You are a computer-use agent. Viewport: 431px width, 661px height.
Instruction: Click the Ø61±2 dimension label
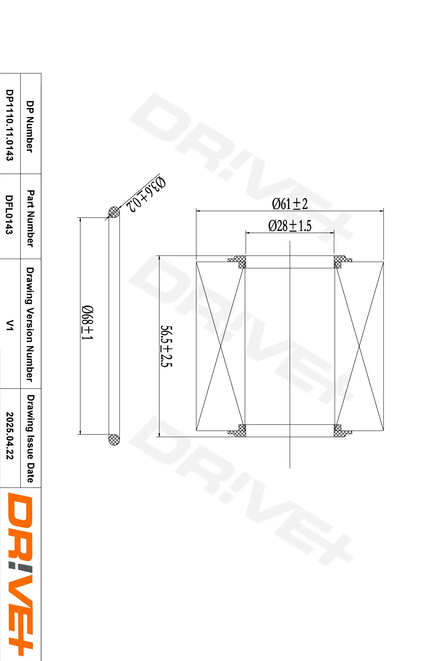[x=290, y=204]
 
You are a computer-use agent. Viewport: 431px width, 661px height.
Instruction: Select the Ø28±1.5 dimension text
[x=290, y=226]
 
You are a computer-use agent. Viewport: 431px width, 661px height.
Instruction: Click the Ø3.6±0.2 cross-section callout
[x=146, y=194]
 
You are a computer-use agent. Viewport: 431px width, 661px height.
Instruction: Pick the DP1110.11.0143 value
[x=10, y=125]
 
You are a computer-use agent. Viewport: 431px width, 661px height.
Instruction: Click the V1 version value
[x=10, y=325]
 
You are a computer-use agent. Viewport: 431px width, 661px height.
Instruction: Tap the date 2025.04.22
[x=10, y=435]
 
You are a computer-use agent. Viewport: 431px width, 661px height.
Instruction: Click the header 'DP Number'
[x=30, y=126]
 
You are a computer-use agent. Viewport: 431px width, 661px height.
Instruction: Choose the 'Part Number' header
[x=30, y=218]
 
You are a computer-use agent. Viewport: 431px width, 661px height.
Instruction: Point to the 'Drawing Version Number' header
[x=30, y=324]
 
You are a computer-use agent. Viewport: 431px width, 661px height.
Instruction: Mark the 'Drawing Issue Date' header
[x=30, y=439]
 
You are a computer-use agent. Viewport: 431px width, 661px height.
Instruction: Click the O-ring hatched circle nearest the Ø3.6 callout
[x=114, y=213]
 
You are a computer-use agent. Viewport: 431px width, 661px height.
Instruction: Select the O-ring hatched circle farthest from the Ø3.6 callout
[x=114, y=439]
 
